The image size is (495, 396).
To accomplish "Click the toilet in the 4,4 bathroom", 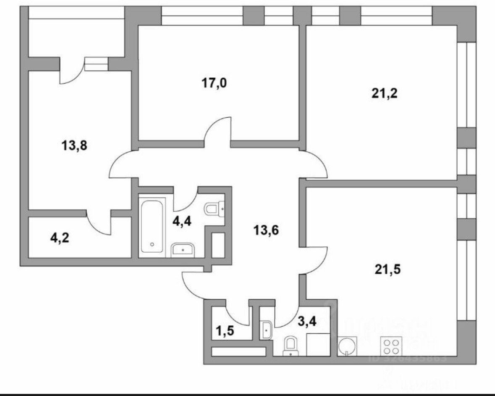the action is tap(214, 208).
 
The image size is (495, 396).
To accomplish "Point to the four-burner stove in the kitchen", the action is tap(391, 347).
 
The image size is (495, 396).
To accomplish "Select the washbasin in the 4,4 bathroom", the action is tap(183, 249).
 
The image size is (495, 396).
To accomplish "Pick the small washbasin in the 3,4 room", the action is tap(267, 330).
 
